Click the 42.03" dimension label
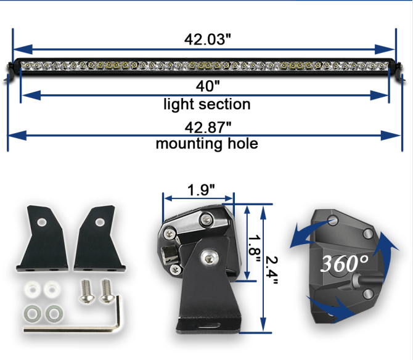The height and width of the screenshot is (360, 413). point(207,39)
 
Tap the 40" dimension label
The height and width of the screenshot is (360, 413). point(207,86)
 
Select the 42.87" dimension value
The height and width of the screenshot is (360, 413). point(208,127)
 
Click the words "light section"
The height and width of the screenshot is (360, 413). point(207,104)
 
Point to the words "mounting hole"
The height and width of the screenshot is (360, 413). point(207,145)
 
